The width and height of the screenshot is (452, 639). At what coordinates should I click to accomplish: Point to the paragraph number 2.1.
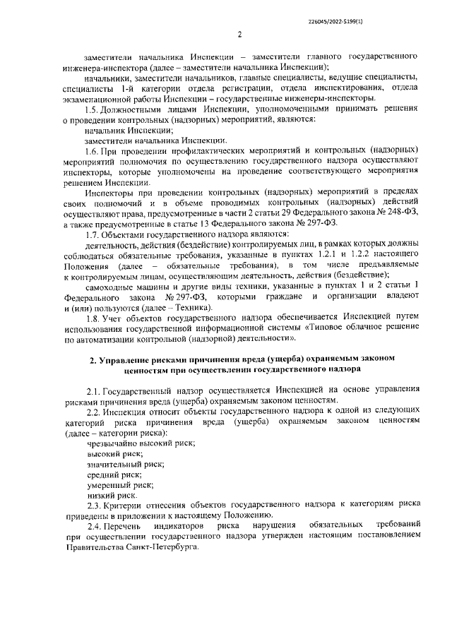point(93,389)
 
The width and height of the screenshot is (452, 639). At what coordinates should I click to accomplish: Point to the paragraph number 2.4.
point(93,527)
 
